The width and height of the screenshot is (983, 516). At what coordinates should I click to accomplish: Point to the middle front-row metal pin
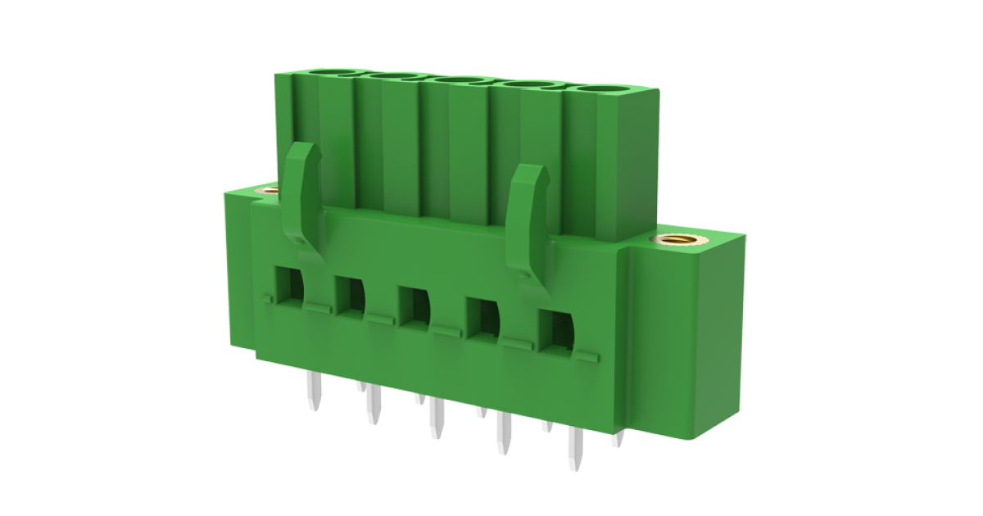point(435,420)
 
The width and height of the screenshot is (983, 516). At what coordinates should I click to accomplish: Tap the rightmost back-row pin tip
point(616,440)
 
